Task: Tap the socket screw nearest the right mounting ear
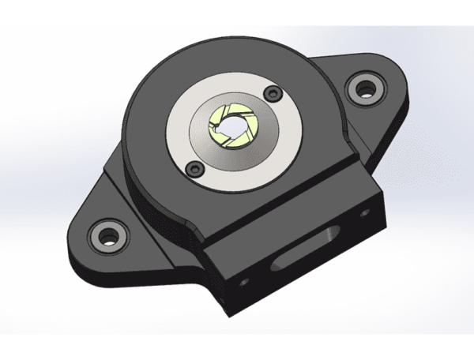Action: [x=273, y=93]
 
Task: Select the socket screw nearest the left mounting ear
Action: [x=193, y=167]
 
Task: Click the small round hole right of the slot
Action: [x=363, y=214]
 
